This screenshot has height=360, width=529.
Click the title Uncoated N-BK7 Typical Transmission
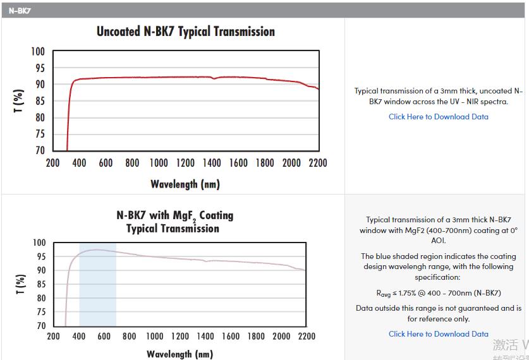point(185,32)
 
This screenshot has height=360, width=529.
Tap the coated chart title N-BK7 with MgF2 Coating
point(175,215)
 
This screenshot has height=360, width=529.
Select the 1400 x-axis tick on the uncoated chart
point(212,163)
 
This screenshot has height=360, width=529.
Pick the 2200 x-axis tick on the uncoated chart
point(318,163)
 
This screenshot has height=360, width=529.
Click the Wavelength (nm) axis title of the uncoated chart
point(185,184)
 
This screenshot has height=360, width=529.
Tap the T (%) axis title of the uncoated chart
point(19,101)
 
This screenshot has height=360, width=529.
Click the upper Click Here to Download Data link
point(438,117)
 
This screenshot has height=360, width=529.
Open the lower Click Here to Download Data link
point(438,334)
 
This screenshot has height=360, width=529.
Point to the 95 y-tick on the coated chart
point(39,256)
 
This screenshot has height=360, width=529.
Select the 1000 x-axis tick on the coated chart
point(154,337)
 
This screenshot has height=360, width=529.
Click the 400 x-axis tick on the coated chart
point(79,337)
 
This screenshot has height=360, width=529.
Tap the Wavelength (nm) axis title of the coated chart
point(179,354)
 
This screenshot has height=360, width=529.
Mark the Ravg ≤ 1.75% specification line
point(438,293)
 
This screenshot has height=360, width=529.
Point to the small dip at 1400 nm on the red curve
point(214,79)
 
